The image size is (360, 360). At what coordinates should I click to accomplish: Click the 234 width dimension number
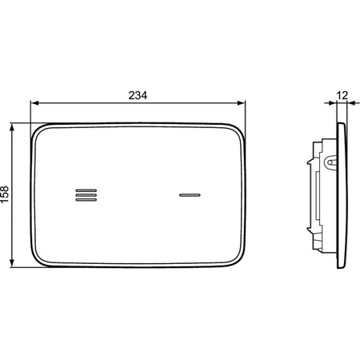click(138, 95)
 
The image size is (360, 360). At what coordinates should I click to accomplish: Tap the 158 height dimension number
click(5, 194)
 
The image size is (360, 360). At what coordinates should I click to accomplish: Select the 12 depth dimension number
click(342, 95)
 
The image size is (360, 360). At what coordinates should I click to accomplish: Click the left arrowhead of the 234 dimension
click(35, 103)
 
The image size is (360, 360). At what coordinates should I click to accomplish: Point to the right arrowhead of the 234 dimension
click(241, 103)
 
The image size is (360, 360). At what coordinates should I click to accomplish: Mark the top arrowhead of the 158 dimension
click(12, 127)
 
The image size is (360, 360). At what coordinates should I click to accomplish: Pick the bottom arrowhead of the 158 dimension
click(12, 262)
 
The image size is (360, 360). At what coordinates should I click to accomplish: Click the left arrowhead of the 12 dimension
click(333, 103)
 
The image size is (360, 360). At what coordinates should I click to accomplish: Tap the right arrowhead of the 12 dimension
click(351, 103)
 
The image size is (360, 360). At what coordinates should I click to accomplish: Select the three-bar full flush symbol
click(86, 195)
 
